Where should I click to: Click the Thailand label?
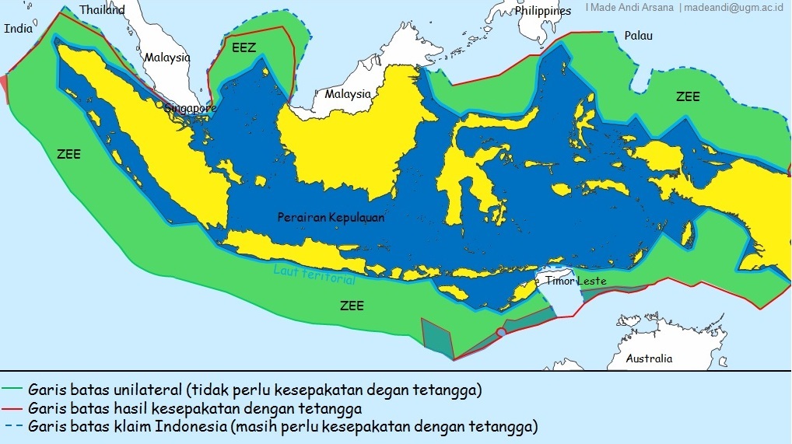point(102,10)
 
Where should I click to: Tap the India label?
point(19,29)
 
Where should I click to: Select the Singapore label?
point(190,108)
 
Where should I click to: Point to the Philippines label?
point(542,11)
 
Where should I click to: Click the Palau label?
point(639,36)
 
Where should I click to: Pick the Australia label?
point(649,358)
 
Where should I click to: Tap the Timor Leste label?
point(575,281)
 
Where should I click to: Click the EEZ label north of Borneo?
point(244,47)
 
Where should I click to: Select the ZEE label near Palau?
point(688,97)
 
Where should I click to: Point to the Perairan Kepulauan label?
point(331,218)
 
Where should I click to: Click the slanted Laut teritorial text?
point(314,274)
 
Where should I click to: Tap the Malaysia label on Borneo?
point(348,94)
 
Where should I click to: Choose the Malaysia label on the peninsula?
point(166,58)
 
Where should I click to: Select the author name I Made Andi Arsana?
point(629,8)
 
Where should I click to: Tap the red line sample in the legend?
point(12,407)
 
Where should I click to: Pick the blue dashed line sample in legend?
point(12,426)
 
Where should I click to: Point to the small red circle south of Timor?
point(501,333)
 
